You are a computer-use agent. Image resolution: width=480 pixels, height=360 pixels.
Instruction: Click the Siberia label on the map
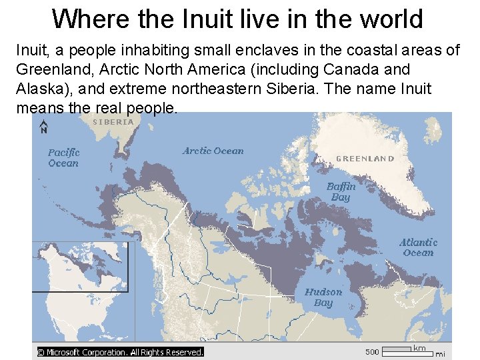tap(113, 122)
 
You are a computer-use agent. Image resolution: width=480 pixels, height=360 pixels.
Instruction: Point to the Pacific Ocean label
tap(63, 158)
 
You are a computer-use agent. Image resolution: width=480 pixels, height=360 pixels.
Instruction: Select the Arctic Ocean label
tap(213, 151)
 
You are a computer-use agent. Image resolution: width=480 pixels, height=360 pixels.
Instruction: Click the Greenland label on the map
tap(365, 159)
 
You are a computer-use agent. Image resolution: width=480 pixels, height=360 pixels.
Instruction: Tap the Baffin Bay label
tap(341, 192)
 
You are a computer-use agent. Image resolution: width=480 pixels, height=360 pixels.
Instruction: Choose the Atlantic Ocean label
tap(418, 247)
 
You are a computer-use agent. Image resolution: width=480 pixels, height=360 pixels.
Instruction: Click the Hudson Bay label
tap(323, 297)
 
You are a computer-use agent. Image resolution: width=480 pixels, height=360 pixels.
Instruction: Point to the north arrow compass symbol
tap(43, 127)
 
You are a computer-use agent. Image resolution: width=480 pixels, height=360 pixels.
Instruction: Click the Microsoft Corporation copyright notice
tap(119, 352)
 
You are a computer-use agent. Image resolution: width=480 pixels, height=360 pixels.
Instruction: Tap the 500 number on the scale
tap(372, 351)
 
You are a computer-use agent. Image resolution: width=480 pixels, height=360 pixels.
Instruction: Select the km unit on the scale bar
tap(419, 348)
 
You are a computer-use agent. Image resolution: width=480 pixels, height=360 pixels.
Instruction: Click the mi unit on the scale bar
tap(440, 354)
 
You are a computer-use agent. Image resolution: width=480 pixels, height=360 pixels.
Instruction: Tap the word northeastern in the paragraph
tap(210, 89)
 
